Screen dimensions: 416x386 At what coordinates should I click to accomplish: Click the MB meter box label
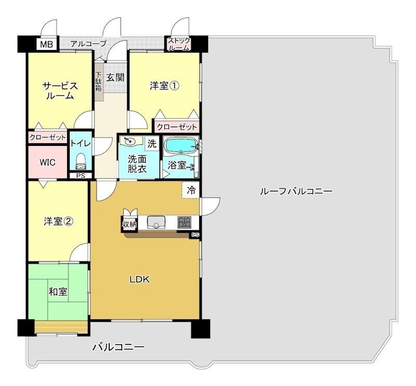pos(46,44)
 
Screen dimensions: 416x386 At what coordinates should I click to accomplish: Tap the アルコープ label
pos(88,43)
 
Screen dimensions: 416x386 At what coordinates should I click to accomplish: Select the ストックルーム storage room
pos(178,44)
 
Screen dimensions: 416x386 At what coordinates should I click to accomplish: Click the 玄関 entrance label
pos(115,78)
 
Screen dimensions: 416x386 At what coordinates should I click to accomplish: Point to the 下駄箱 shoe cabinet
pos(99,82)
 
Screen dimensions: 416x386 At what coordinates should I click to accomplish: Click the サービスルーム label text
pos(60,91)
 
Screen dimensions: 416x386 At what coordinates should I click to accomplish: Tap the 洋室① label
pos(164,86)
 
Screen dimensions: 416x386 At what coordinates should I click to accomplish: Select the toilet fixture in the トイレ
pos(81,162)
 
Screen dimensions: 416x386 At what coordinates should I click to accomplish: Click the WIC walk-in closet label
pos(48,162)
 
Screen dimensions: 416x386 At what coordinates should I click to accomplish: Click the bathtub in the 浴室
pos(181,145)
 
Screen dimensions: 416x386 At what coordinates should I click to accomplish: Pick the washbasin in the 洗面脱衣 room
pos(131,141)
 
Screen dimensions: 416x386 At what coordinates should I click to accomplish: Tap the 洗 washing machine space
pos(152,144)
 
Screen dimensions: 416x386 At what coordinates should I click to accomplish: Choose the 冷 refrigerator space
pos(190,190)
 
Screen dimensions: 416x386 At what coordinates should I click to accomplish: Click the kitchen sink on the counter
pos(156,222)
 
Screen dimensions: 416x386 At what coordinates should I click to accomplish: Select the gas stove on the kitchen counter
pos(185,222)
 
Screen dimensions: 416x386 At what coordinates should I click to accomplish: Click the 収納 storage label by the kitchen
pos(129,225)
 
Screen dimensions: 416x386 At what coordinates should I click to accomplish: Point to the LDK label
pos(139,279)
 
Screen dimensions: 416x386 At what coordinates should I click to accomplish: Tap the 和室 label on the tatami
pos(58,292)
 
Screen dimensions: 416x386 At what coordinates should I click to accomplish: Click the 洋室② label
pos(58,221)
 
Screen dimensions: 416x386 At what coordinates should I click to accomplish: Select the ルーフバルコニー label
pos(296,191)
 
